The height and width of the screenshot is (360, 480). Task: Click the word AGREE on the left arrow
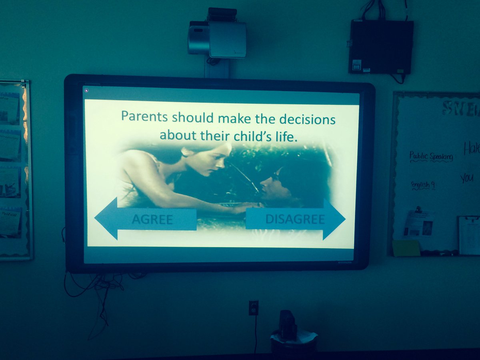(152, 220)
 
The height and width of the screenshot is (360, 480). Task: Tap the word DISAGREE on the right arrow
(295, 219)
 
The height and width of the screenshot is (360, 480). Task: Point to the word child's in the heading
(245, 135)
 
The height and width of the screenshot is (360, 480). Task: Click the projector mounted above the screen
(217, 39)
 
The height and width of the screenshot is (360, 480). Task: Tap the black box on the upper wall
(380, 46)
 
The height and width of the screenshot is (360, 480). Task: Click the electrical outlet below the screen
(254, 308)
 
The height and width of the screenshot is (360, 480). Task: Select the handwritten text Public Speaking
(431, 156)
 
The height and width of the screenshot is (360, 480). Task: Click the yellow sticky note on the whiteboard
(406, 248)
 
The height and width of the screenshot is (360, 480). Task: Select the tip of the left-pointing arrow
(96, 219)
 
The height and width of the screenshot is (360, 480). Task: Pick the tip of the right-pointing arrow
(344, 219)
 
